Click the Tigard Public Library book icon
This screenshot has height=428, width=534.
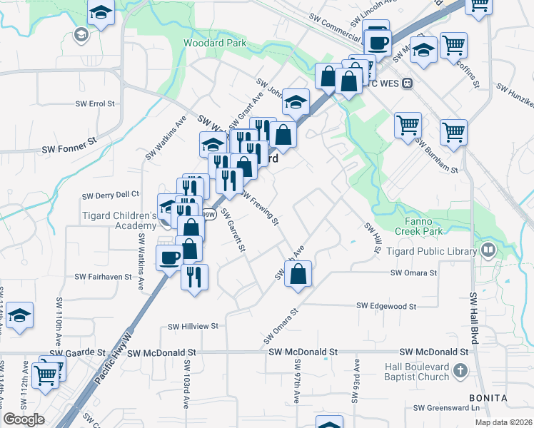[488, 250]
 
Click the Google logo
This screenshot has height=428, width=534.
[24, 419]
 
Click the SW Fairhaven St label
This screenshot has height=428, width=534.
[104, 276]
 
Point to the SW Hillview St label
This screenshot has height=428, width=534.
[192, 326]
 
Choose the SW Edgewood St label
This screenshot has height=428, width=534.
[387, 306]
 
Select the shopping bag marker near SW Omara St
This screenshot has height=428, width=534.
[298, 274]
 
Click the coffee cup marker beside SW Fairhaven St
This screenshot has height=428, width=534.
[169, 258]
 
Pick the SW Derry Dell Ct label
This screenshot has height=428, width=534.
[111, 195]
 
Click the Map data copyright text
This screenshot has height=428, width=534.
[504, 422]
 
